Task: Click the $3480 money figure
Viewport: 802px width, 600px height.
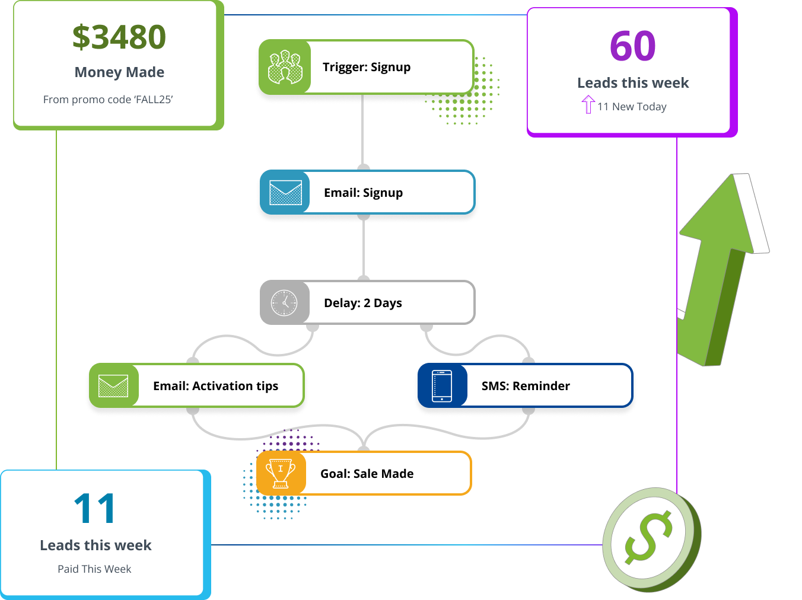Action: tap(119, 37)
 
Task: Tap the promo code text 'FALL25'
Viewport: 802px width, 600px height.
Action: tap(154, 100)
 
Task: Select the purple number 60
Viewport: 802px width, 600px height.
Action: tap(632, 46)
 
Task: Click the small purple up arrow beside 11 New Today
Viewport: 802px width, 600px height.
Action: tap(588, 104)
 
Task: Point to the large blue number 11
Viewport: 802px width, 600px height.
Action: tap(95, 509)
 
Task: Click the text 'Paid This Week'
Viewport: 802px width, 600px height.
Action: tap(94, 569)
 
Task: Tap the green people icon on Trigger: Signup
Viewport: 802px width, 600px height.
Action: tap(285, 67)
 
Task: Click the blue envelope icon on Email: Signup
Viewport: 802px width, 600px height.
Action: tap(285, 193)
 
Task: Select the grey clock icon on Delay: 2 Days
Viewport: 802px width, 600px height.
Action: tap(285, 303)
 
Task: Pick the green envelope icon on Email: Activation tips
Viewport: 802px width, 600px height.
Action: tap(113, 386)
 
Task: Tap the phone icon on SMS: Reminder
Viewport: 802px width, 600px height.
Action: tap(442, 386)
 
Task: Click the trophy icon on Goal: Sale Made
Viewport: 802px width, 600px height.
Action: tap(281, 473)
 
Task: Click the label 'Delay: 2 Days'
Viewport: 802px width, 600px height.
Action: tap(363, 303)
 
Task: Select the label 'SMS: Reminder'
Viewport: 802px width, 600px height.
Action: tap(526, 386)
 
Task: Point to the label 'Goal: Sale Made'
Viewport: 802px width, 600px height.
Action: tap(367, 474)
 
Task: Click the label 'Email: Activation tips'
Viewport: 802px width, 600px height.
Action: tap(215, 386)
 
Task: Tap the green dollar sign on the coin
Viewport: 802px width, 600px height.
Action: tap(648, 537)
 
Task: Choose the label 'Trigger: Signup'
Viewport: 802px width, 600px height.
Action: tap(367, 67)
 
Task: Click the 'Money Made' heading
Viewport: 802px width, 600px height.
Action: tap(119, 72)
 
